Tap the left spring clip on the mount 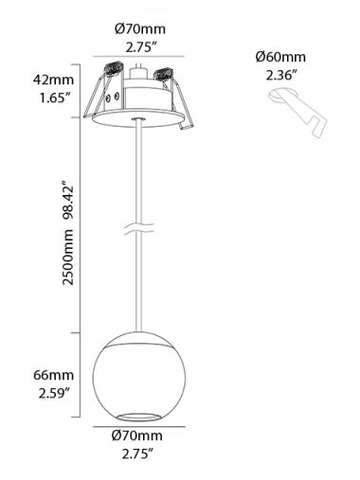tap(108, 73)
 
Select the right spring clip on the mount tap(168, 73)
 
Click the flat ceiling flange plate tap(137, 119)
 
